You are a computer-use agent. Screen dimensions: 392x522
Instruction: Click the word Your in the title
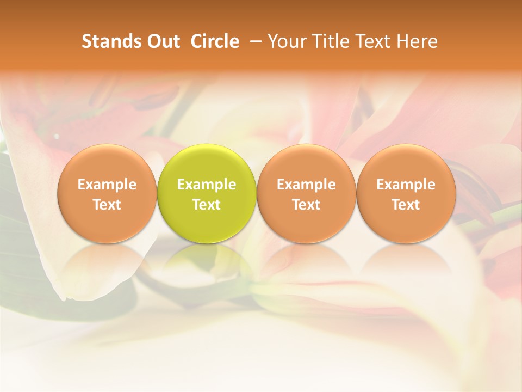(286, 41)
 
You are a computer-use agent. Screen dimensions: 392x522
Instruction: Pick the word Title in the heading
(328, 41)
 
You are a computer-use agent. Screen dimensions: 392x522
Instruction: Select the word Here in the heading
(417, 41)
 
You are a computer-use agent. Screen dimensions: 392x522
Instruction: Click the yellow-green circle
(207, 193)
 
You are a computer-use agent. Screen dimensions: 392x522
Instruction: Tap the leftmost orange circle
(107, 193)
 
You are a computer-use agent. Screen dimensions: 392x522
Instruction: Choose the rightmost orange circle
(406, 193)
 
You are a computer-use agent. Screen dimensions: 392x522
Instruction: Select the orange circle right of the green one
(306, 193)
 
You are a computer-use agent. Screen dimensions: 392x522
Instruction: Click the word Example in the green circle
(207, 185)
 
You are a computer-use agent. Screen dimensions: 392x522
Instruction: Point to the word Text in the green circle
(207, 205)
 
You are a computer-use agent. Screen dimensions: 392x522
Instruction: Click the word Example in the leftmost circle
(107, 185)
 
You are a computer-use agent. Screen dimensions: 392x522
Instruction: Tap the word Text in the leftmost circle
(107, 205)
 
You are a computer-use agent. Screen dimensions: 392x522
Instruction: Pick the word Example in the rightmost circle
(406, 185)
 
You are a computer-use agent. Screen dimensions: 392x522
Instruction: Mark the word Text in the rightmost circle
(406, 205)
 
